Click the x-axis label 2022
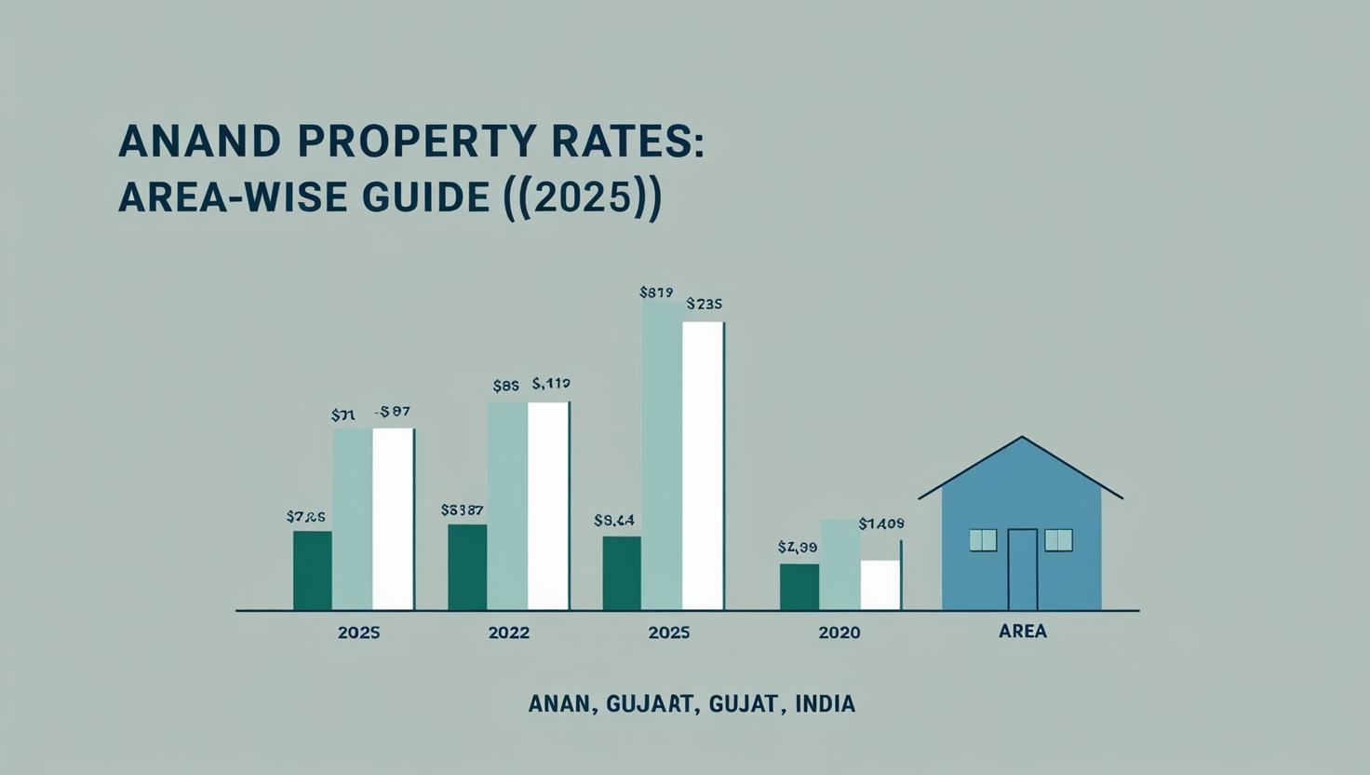click(508, 632)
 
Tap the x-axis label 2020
click(839, 632)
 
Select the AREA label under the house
click(1023, 631)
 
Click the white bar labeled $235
click(703, 466)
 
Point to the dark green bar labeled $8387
click(467, 567)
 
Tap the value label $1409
click(880, 523)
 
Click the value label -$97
click(392, 411)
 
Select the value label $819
click(656, 292)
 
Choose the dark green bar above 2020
click(799, 587)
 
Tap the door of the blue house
click(1022, 569)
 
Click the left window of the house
click(983, 539)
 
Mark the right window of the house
click(1058, 539)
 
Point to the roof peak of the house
click(1022, 438)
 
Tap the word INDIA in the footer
click(825, 704)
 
